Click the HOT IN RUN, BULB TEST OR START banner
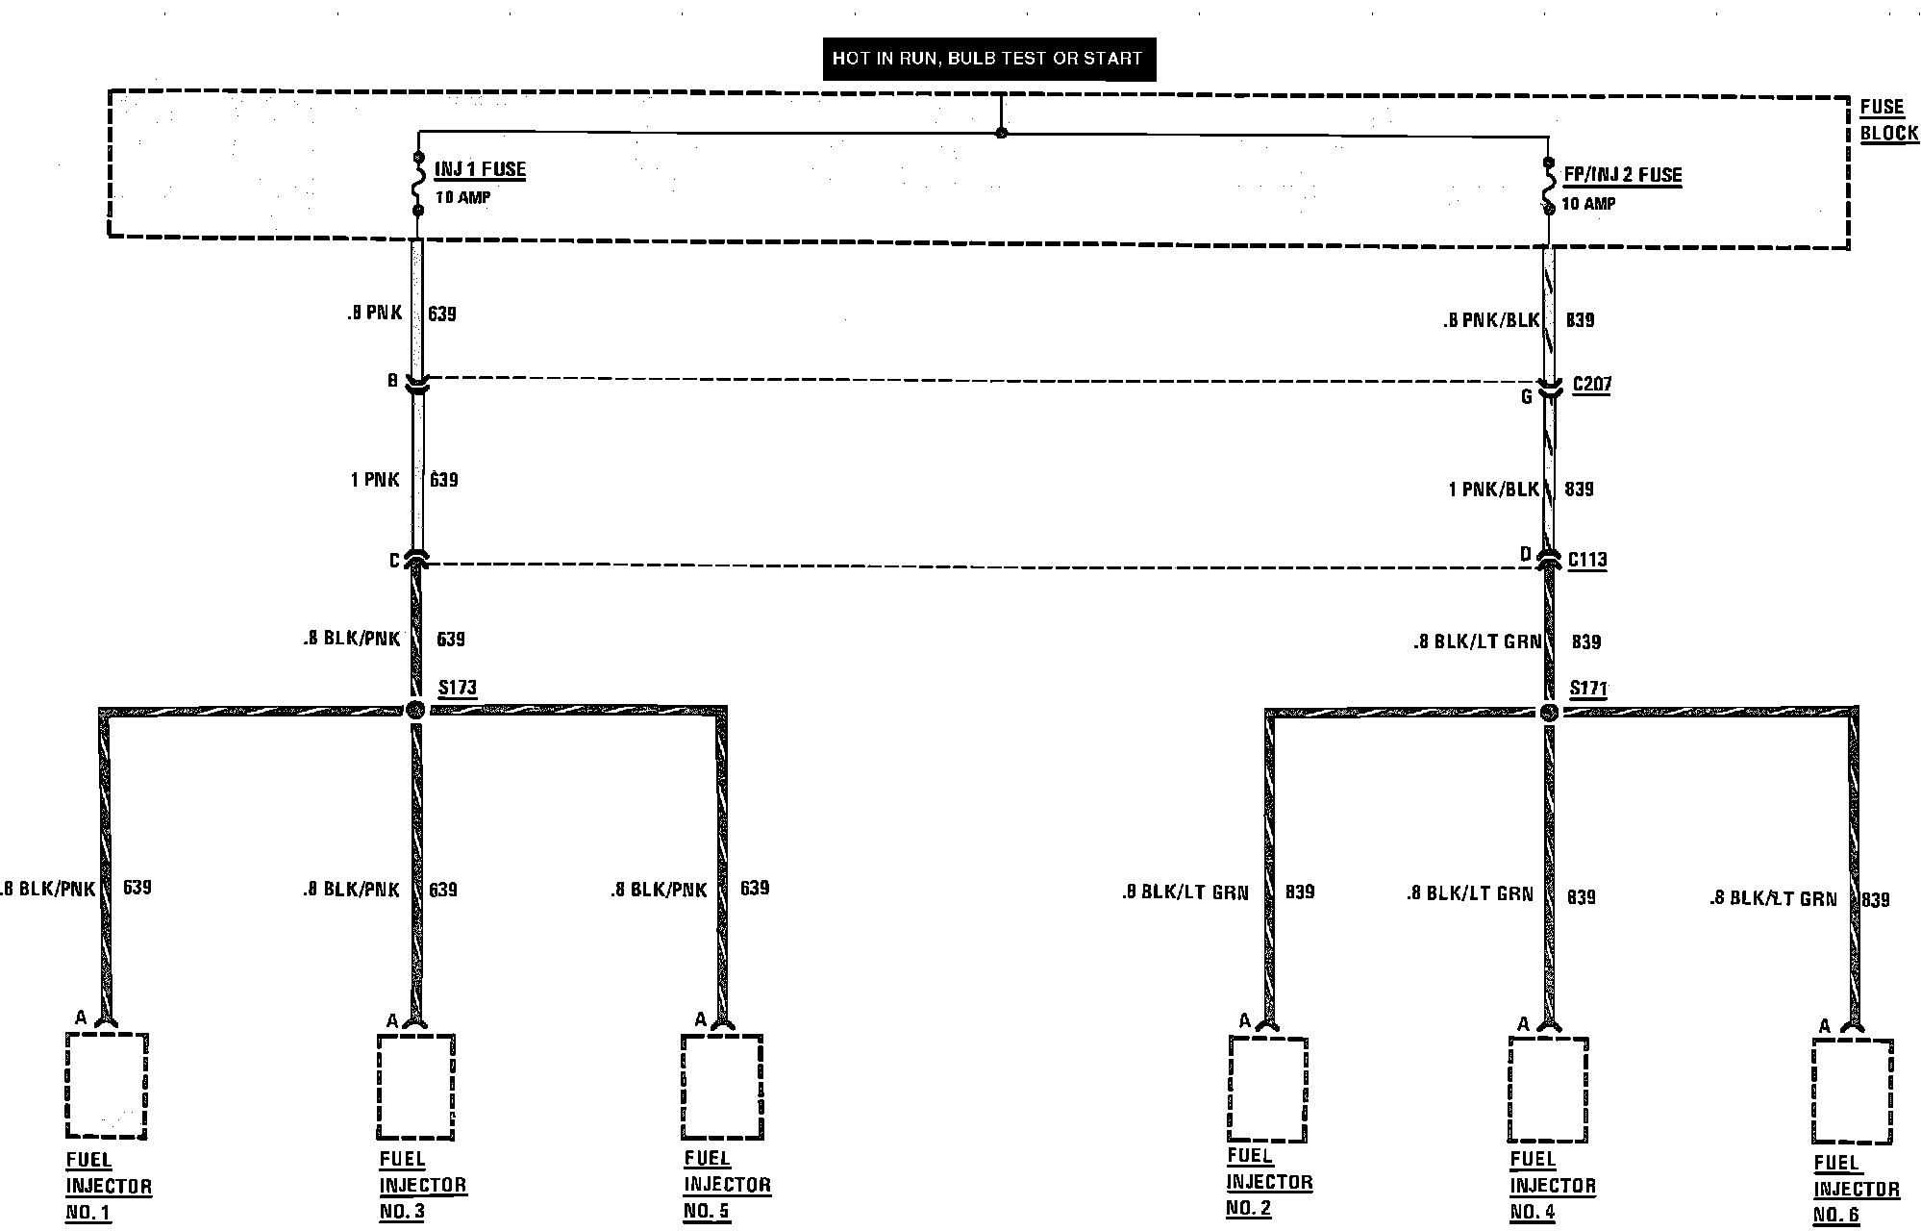point(987,59)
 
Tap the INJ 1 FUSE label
point(480,170)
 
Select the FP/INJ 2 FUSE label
point(1622,175)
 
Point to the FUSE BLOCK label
point(1888,120)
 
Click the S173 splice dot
point(415,711)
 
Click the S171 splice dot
point(1548,713)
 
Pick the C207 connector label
point(1592,385)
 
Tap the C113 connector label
point(1587,560)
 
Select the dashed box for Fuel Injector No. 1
point(107,1085)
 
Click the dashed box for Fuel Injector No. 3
point(415,1087)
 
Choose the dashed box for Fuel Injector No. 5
point(722,1087)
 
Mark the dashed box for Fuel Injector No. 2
point(1267,1089)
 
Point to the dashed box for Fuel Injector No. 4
point(1547,1091)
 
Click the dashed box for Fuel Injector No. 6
point(1853,1093)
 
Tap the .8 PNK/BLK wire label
point(1490,321)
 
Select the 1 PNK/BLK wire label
point(1493,490)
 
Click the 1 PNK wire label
point(374,479)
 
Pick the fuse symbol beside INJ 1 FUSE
point(418,184)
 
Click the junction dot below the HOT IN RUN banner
point(1001,132)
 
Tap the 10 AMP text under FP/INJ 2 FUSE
point(1588,204)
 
